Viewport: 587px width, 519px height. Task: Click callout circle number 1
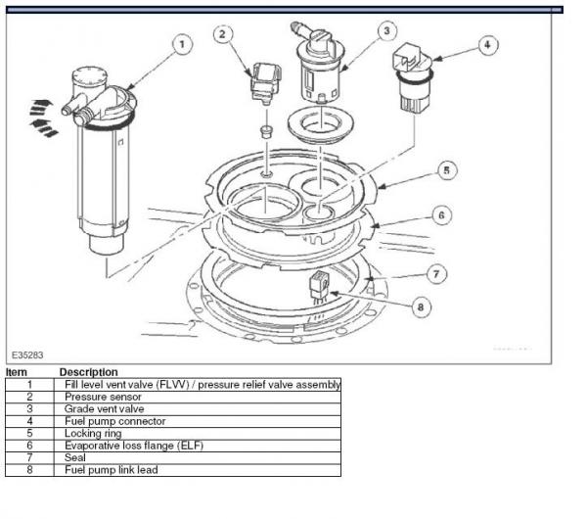coord(182,45)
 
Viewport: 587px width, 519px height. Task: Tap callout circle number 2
coord(223,34)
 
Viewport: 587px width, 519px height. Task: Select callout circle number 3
coord(387,30)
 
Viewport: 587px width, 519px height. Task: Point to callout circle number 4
coord(488,45)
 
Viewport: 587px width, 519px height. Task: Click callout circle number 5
coord(447,170)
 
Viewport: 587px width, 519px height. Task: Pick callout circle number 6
coord(442,215)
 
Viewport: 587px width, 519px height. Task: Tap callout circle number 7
coord(436,274)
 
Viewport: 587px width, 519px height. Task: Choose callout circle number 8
coord(421,307)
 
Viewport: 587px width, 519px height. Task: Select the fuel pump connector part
coord(412,77)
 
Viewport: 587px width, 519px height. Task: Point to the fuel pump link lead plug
coord(319,287)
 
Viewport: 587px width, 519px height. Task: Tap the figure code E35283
coord(27,354)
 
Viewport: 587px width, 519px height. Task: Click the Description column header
coord(89,372)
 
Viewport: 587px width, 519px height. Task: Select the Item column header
coord(17,372)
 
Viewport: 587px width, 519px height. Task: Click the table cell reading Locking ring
coord(198,434)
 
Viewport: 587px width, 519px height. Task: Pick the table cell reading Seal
coord(198,458)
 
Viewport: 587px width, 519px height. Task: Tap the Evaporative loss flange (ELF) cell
coord(198,446)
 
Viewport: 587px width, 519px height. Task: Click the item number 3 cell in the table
coord(29,409)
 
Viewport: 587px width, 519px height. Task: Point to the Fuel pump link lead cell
coord(198,470)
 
